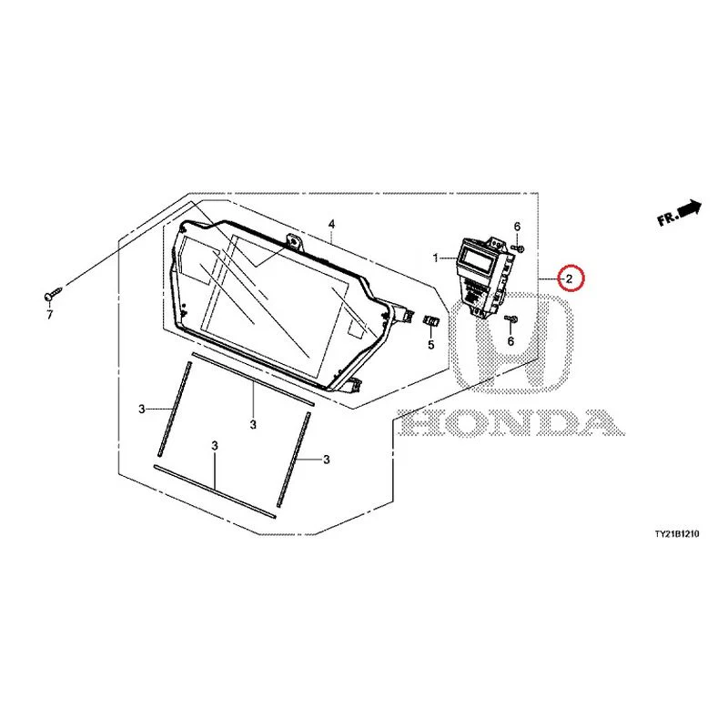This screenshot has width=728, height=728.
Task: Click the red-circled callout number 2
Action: pos(569,278)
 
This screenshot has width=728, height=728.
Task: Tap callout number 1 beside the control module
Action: pos(436,258)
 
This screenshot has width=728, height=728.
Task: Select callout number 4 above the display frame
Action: pos(331,225)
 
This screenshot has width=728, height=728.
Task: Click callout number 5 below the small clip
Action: pos(430,345)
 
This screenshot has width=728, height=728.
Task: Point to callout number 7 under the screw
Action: pos(50,315)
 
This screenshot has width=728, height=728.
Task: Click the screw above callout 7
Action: pos(53,293)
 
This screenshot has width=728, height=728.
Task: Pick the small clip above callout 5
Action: pos(430,321)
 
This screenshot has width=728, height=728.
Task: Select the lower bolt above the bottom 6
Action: pos(511,318)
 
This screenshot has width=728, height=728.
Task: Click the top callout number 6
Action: pos(517,227)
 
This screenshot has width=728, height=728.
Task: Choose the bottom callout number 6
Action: pos(511,341)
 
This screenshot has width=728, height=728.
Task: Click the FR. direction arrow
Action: pos(679,213)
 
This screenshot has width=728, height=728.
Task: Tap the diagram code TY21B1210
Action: pos(676,534)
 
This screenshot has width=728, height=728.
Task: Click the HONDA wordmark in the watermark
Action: pos(511,423)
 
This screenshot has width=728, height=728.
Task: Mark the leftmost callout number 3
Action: pos(142,409)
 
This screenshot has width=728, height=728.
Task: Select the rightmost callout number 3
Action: pos(327,460)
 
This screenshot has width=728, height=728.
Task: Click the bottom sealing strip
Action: pos(215,491)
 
